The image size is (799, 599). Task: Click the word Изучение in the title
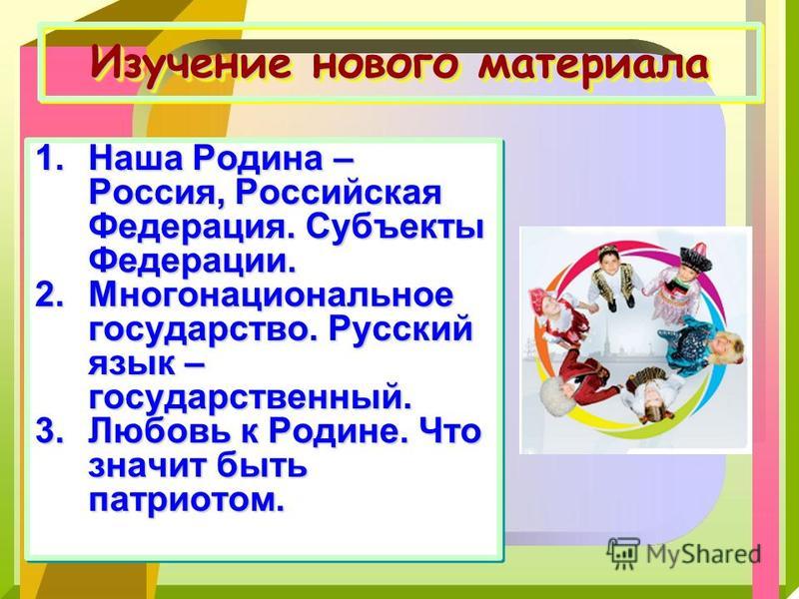point(192,64)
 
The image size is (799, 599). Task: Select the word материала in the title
point(592,65)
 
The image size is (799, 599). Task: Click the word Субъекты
point(395,228)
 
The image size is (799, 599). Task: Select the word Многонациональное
point(271,295)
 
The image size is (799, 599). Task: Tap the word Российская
point(339,194)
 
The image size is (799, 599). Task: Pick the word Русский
point(400,330)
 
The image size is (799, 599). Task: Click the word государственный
point(250,398)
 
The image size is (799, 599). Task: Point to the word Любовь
point(172,431)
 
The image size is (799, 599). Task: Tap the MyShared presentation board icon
point(622,553)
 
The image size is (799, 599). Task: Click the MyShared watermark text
point(703,553)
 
